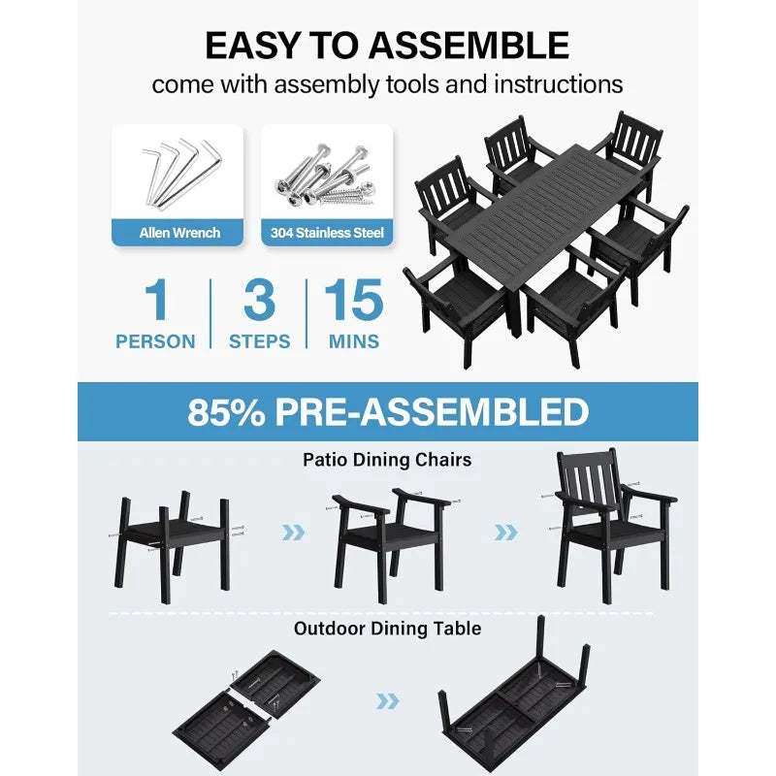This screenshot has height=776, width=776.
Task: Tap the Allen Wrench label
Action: [x=179, y=233]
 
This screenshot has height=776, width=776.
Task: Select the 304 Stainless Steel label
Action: [x=327, y=233]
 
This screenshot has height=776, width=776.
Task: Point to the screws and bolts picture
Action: [x=327, y=173]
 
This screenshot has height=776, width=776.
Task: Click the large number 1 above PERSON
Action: [x=156, y=301]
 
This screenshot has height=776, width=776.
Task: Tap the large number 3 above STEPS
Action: [x=259, y=301]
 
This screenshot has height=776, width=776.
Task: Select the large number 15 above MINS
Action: [x=353, y=301]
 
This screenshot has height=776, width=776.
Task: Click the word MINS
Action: [x=353, y=341]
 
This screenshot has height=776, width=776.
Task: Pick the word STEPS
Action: [x=259, y=341]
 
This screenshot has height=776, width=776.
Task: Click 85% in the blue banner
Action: [x=225, y=412]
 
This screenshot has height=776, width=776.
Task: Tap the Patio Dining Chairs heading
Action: [x=386, y=459]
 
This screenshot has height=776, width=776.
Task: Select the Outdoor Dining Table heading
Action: [x=387, y=629]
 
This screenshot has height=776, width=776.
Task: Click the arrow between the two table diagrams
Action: [x=387, y=700]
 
